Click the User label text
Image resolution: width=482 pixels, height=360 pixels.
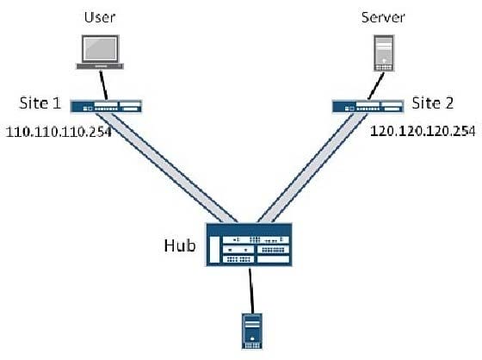100,17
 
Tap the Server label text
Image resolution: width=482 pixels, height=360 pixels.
383,17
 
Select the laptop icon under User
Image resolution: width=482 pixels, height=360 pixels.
100,52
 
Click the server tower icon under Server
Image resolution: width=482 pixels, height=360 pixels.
384,53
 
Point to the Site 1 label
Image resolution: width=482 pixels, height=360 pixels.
40,102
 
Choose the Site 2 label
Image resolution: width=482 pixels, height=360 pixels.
432,102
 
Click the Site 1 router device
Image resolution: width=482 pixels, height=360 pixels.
106,106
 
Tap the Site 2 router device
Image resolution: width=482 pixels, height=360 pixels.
368,107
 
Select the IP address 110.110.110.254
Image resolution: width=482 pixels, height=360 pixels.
59,132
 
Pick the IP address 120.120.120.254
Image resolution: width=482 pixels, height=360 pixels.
423,131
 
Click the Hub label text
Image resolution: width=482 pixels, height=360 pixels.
180,245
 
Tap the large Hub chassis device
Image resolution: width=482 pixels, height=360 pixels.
249,245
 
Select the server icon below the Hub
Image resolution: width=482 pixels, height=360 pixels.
252,332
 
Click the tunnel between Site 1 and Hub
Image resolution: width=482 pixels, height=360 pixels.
167,168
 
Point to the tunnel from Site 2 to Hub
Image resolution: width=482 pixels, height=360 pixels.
312,168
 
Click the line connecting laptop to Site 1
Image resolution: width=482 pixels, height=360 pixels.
103,85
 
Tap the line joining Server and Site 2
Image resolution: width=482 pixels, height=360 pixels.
376,86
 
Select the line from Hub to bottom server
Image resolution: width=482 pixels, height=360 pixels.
251,291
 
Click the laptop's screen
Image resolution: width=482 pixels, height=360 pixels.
100,48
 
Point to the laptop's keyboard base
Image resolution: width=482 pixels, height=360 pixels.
100,66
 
